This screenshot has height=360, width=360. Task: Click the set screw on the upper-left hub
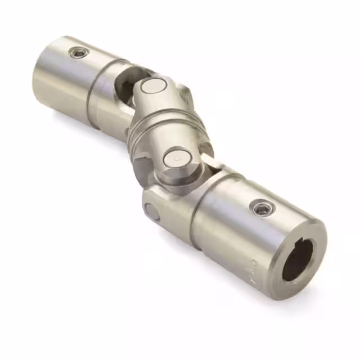pyautogui.click(x=79, y=53)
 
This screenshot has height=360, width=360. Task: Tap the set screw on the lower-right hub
pyautogui.click(x=260, y=209)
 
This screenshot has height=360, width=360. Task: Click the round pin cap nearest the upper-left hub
pyautogui.click(x=151, y=86)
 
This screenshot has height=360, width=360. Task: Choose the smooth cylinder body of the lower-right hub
pyautogui.click(x=236, y=231)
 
